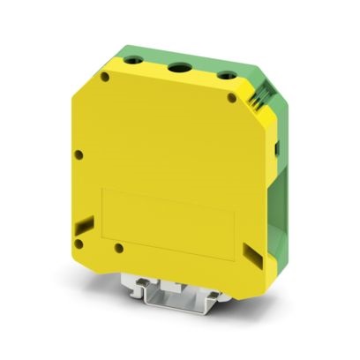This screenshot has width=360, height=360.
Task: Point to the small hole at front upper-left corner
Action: tap(106, 79)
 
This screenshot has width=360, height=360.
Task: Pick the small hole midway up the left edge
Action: tap(79, 156)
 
